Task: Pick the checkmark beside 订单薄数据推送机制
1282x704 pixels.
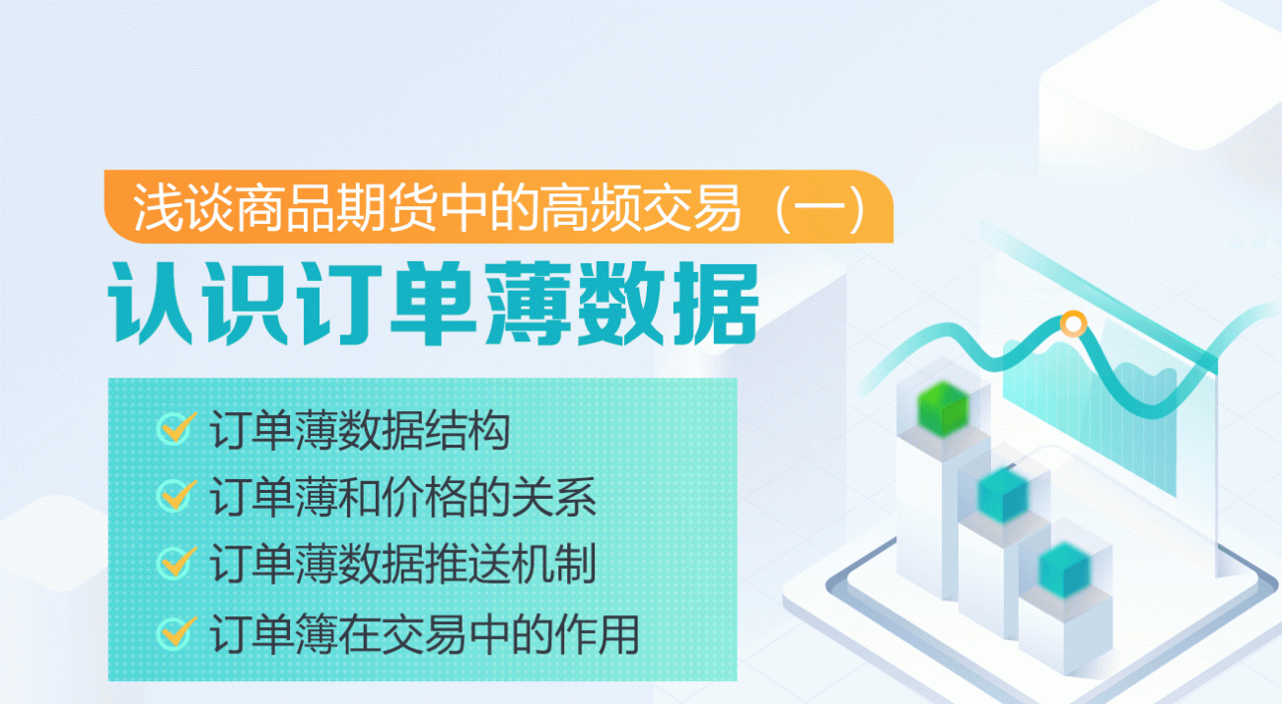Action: pos(176,562)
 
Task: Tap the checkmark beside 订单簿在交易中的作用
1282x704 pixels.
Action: pos(176,631)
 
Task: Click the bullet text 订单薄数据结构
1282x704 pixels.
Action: pos(360,432)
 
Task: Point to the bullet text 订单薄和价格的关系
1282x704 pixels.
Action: pos(403,498)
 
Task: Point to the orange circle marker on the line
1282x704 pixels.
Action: pos(1072,322)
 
